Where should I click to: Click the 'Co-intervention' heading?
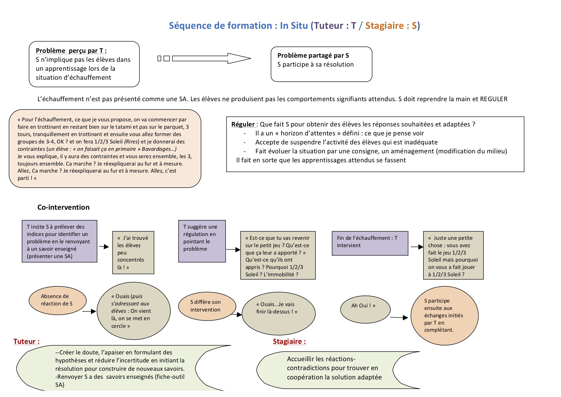pyautogui.click(x=63, y=207)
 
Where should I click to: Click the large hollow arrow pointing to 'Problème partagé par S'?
pyautogui.click(x=212, y=58)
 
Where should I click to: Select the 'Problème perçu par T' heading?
pyautogui.click(x=71, y=51)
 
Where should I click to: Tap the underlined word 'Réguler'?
pyautogui.click(x=243, y=124)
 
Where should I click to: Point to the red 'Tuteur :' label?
pyautogui.click(x=27, y=341)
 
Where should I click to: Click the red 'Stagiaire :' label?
pyautogui.click(x=289, y=341)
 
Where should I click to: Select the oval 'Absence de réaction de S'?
pyautogui.click(x=58, y=300)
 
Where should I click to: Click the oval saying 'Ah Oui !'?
pyautogui.click(x=365, y=309)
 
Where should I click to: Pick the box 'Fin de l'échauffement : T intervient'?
pyautogui.click(x=370, y=243)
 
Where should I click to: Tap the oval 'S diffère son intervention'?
pyautogui.click(x=207, y=306)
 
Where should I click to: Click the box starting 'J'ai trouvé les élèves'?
pyautogui.click(x=133, y=253)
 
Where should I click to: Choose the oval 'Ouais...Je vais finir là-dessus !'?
pyautogui.click(x=279, y=313)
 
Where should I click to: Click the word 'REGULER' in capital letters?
pyautogui.click(x=494, y=99)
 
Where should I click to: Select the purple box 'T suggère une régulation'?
pyautogui.click(x=202, y=241)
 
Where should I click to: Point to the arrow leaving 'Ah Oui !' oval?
pyautogui.click(x=399, y=318)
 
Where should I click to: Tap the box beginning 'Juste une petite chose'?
pyautogui.click(x=453, y=255)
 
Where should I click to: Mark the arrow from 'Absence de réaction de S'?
pyautogui.click(x=89, y=311)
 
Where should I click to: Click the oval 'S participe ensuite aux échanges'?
pyautogui.click(x=445, y=315)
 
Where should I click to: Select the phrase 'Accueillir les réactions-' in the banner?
pyautogui.click(x=321, y=359)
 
